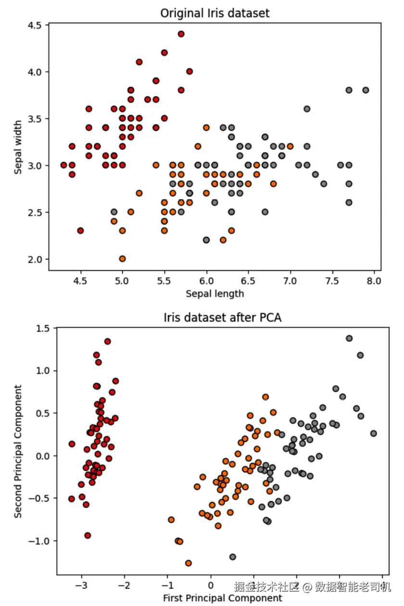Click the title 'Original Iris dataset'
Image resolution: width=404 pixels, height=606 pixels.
pyautogui.click(x=215, y=13)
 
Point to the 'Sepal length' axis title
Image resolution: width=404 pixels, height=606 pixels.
pyautogui.click(x=215, y=293)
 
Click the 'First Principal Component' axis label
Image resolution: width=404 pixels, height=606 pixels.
pyautogui.click(x=222, y=598)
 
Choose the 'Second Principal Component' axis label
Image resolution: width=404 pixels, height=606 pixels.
pyautogui.click(x=18, y=451)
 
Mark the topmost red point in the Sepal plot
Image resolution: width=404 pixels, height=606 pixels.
pyautogui.click(x=181, y=34)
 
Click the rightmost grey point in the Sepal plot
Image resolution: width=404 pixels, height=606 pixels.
pyautogui.click(x=366, y=90)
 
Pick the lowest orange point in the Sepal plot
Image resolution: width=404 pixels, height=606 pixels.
pyautogui.click(x=122, y=259)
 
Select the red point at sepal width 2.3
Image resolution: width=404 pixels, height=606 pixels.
pyautogui.click(x=80, y=231)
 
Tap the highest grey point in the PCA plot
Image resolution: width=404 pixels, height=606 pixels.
pyautogui.click(x=349, y=338)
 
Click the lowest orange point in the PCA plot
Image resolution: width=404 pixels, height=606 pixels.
pyautogui.click(x=188, y=563)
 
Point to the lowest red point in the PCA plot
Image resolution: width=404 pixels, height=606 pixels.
pyautogui.click(x=88, y=535)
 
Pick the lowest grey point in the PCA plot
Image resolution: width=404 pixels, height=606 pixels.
pyautogui.click(x=233, y=557)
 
